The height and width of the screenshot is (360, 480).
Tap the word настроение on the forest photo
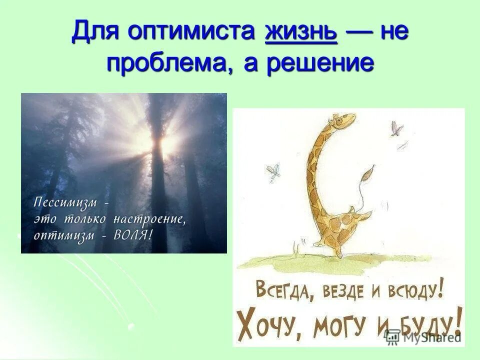pos(150,219)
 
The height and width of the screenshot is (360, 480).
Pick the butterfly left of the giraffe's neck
pos(273,171)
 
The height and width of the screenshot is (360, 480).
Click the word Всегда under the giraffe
pos(285,289)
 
